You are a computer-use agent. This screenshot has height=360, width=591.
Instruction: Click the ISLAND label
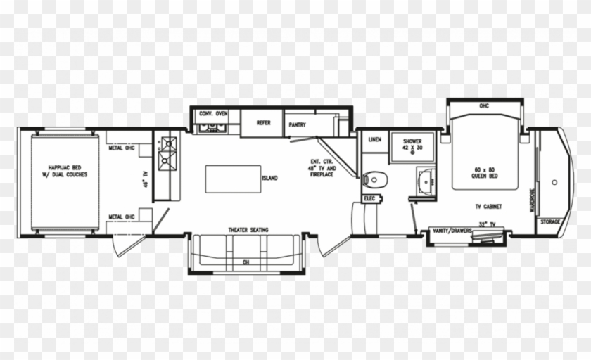[x=270, y=178]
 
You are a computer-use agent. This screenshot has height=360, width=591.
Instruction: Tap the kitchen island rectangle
[x=233, y=179]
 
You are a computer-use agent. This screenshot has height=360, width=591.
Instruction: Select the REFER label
[x=263, y=123]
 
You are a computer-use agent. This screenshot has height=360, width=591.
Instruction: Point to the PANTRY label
[x=298, y=124]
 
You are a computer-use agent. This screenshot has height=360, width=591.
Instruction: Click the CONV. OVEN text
[x=213, y=113]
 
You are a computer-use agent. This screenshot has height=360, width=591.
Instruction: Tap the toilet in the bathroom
[x=375, y=180]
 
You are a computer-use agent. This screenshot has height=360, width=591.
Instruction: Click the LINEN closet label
[x=374, y=140]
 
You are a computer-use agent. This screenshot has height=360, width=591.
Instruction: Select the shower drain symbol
[x=412, y=153]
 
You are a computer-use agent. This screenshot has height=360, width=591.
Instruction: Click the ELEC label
[x=370, y=198]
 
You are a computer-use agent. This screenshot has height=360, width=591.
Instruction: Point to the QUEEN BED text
[x=484, y=176]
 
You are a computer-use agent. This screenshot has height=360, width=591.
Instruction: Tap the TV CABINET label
[x=488, y=206]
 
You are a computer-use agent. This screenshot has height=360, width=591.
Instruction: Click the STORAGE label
[x=550, y=221]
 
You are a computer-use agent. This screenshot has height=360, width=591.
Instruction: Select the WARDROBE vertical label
[x=533, y=200]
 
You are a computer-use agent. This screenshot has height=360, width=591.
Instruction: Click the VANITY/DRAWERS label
[x=452, y=231]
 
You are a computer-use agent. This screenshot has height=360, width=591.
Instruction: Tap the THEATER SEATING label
[x=248, y=230]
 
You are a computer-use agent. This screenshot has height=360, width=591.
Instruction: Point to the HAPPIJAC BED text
[x=65, y=167]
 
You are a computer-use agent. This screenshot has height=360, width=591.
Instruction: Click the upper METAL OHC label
[x=121, y=148]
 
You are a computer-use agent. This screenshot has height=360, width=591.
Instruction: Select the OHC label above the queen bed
[x=484, y=105]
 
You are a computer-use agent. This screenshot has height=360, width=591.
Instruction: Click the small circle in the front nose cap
[x=554, y=182]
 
